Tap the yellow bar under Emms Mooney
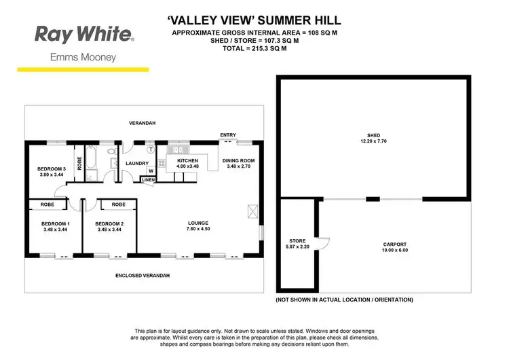coord(82,69)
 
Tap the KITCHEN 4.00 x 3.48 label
coord(187,164)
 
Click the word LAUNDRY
coord(136,163)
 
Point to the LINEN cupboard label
coord(148,179)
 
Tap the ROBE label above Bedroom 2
coord(118,204)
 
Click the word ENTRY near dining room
coord(228,135)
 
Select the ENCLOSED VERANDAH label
coord(143,276)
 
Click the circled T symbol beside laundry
coord(151,148)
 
